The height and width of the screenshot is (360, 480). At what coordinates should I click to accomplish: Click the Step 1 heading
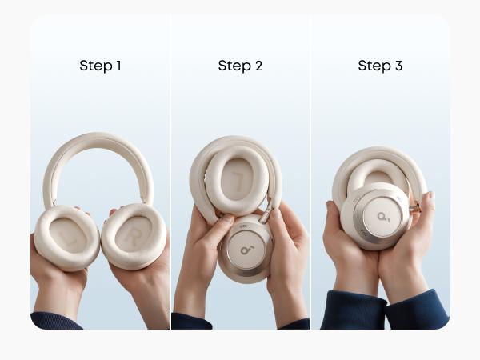pyautogui.click(x=100, y=66)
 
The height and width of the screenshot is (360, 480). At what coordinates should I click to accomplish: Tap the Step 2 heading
pyautogui.click(x=240, y=66)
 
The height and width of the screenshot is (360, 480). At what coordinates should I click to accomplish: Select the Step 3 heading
pyautogui.click(x=380, y=66)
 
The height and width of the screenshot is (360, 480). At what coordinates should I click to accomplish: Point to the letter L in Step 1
pyautogui.click(x=68, y=238)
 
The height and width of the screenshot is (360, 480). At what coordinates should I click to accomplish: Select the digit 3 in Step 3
pyautogui.click(x=398, y=66)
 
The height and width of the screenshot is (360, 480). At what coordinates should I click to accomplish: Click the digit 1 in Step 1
pyautogui.click(x=118, y=66)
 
